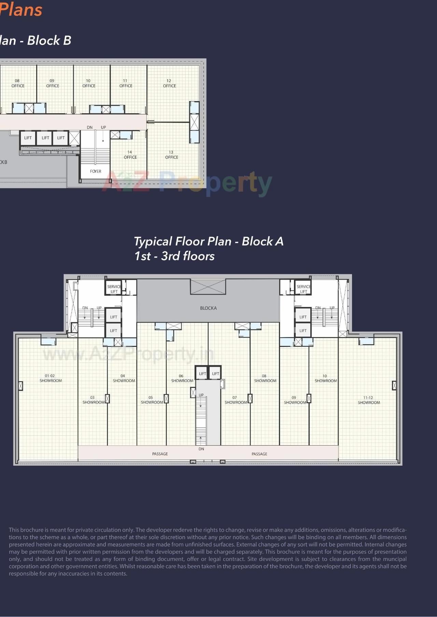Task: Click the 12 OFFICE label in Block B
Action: [x=169, y=83]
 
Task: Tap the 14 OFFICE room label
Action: [x=130, y=155]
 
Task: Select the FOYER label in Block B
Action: [x=96, y=171]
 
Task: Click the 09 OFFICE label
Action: [x=53, y=83]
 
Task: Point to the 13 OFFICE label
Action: [x=171, y=155]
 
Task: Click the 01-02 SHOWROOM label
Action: [x=51, y=378]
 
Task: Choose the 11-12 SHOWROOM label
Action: [x=369, y=400]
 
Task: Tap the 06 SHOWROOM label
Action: [x=182, y=378]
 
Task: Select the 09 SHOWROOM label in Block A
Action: [x=295, y=400]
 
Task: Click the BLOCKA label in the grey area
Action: [x=208, y=308]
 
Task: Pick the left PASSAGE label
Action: [x=160, y=454]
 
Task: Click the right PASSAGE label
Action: [x=259, y=454]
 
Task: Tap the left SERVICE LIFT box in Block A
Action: [x=114, y=289]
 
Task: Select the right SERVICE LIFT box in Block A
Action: [x=303, y=289]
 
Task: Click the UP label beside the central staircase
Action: [x=201, y=395]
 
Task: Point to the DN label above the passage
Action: [x=201, y=449]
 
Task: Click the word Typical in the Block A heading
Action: [x=153, y=242]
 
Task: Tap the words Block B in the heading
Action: [x=49, y=40]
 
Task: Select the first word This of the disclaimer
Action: [x=14, y=530]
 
